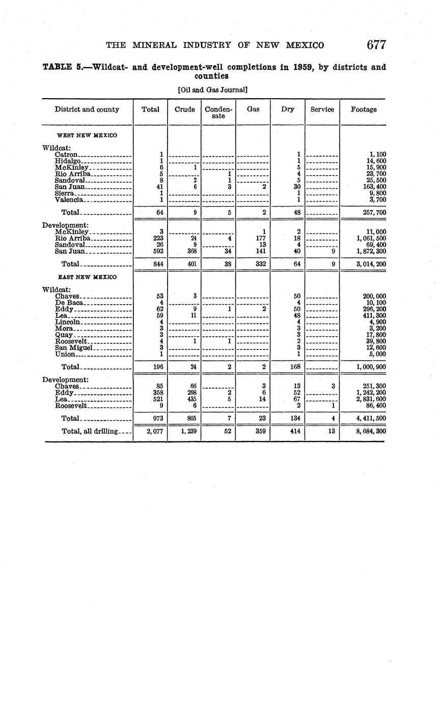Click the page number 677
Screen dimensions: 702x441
click(x=376, y=45)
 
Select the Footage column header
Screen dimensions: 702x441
click(x=364, y=109)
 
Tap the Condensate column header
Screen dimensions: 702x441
click(x=218, y=112)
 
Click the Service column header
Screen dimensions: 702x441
click(x=322, y=109)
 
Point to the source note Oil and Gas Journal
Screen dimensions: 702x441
click(x=213, y=90)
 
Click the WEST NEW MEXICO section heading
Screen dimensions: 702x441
click(x=87, y=135)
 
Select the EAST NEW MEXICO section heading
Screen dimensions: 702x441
click(x=87, y=277)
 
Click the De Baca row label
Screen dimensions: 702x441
click(x=68, y=303)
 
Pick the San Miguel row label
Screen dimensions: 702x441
click(x=74, y=347)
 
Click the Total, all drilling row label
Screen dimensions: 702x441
click(x=90, y=431)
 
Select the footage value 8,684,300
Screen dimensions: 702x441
click(x=371, y=431)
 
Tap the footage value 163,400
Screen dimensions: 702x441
click(x=372, y=187)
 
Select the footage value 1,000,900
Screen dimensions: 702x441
click(x=371, y=367)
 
